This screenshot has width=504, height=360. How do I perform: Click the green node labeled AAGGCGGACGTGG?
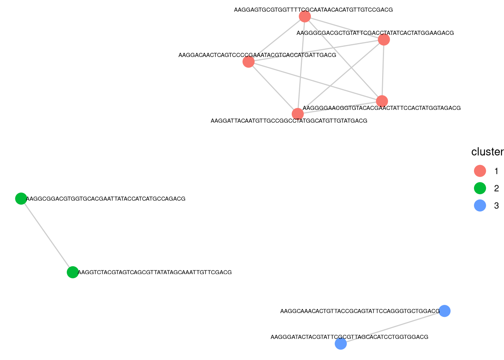click(x=21, y=198)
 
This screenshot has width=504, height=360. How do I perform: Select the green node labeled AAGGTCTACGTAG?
click(x=72, y=272)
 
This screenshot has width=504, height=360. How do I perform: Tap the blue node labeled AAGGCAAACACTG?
click(x=444, y=311)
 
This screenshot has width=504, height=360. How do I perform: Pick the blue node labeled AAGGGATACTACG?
click(x=340, y=343)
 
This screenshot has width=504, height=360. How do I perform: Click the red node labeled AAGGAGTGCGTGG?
click(x=305, y=16)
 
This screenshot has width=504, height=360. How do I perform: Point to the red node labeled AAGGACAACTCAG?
click(x=249, y=61)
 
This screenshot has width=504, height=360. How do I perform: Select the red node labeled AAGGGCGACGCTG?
click(x=384, y=39)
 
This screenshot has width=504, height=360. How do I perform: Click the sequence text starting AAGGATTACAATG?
click(x=289, y=121)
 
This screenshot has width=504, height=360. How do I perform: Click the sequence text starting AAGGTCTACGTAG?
click(x=154, y=272)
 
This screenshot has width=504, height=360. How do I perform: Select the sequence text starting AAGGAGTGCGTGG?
click(x=313, y=10)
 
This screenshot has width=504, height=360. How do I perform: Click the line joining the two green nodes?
click(x=46, y=235)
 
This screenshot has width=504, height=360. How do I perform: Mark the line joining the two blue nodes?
click(x=392, y=327)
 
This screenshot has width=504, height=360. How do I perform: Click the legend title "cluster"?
click(x=487, y=152)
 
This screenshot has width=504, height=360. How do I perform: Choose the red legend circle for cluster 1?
click(x=480, y=171)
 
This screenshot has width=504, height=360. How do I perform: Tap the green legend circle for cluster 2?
click(x=480, y=188)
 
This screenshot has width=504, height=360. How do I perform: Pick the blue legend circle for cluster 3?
click(x=480, y=205)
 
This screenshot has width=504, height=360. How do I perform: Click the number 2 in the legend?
click(x=496, y=188)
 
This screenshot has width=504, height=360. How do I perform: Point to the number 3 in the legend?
click(x=496, y=205)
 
